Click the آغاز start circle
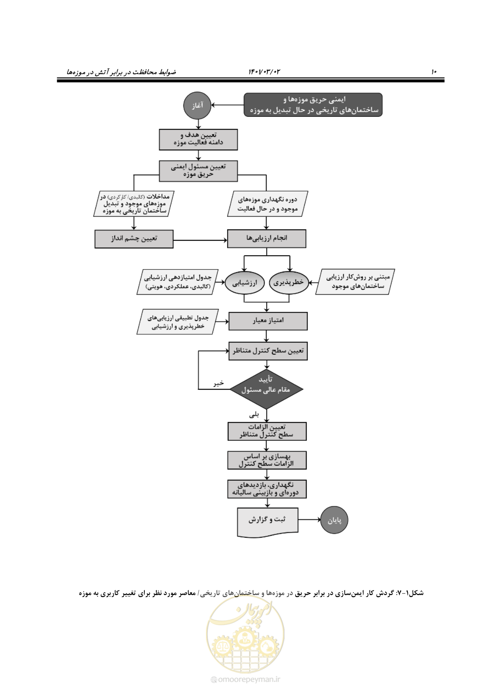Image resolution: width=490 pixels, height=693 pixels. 197,105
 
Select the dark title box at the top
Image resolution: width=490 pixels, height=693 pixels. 313,105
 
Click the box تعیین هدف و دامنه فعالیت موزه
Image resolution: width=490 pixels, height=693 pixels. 198,140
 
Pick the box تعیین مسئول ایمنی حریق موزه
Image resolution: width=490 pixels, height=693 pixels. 198,171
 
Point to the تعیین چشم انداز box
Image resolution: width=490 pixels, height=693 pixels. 134,239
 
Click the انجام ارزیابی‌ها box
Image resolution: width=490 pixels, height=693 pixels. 267,239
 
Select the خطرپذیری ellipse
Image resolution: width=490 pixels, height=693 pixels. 289,283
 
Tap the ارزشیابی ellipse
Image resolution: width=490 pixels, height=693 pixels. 244,283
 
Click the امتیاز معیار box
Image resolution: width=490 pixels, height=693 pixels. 268,321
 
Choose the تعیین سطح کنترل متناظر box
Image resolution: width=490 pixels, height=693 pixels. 268,351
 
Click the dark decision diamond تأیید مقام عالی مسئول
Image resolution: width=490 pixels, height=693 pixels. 266,389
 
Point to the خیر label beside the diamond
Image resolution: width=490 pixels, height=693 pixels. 218,384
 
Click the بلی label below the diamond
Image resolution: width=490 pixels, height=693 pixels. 254,415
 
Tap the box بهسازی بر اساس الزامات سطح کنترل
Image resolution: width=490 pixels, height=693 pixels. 267,460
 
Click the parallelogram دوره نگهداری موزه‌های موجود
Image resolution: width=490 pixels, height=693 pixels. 267,204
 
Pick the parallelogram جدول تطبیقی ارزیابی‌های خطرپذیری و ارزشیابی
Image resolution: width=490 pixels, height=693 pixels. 178,322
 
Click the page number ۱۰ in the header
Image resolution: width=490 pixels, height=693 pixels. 433,72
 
